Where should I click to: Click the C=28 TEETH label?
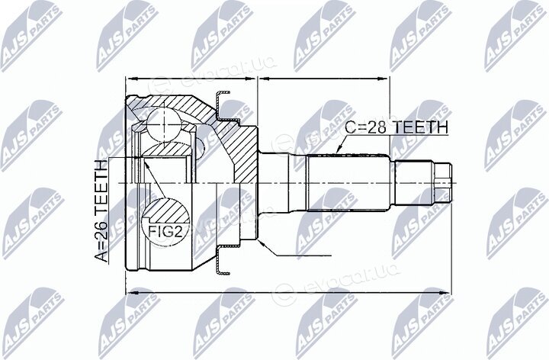pyautogui.click(x=396, y=127)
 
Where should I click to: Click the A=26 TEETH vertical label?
pyautogui.click(x=102, y=211)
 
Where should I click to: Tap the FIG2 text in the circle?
pyautogui.click(x=165, y=231)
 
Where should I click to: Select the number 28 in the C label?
pyautogui.click(x=379, y=127)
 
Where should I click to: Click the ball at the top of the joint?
pyautogui.click(x=163, y=124)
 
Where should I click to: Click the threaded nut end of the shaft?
pyautogui.click(x=442, y=183)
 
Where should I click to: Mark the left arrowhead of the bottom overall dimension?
pyautogui.click(x=132, y=292)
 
